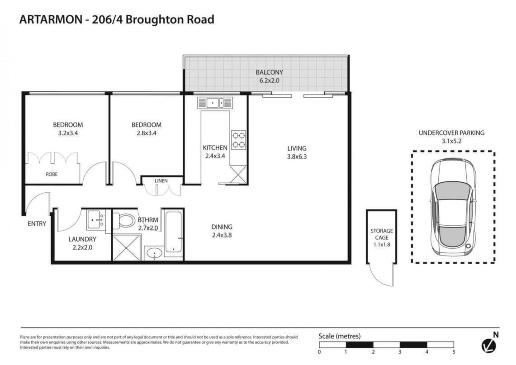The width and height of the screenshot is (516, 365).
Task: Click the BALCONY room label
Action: (x=269, y=72)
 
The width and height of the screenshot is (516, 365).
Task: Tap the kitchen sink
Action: (x=215, y=103)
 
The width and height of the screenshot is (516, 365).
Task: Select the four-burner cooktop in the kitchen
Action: (x=238, y=140)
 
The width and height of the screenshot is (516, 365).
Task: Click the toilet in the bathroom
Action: (x=124, y=220)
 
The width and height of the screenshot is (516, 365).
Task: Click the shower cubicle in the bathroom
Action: (x=126, y=247)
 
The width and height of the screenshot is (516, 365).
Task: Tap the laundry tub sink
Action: (x=96, y=220)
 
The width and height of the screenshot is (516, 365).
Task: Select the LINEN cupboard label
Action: (x=161, y=180)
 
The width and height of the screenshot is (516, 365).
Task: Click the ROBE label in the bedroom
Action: (x=52, y=174)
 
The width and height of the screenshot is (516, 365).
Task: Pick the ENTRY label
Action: (x=37, y=224)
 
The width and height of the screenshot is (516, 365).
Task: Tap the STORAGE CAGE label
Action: (x=382, y=234)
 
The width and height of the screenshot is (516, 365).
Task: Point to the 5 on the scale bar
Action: (x=454, y=352)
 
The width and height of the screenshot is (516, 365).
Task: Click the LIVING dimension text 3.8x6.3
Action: (x=297, y=156)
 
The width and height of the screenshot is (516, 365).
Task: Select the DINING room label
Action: (x=222, y=227)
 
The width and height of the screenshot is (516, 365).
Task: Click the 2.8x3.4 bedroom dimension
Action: (x=147, y=133)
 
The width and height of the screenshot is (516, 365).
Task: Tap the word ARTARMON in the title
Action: (x=51, y=19)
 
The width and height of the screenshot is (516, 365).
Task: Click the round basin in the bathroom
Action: (x=154, y=254)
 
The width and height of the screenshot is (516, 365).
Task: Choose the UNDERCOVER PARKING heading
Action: (x=451, y=133)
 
